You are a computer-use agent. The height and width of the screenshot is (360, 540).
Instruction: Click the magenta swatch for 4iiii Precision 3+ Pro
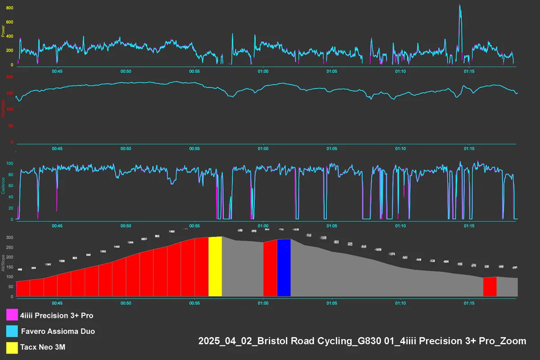[x=12, y=315]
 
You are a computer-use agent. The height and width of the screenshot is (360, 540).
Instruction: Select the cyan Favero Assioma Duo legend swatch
[x=12, y=332]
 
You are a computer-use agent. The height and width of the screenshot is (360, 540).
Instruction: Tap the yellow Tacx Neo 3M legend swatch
[x=12, y=348]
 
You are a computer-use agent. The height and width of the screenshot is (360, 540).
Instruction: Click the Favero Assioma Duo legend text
[x=58, y=332]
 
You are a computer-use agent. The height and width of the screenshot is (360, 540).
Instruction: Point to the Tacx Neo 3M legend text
[x=46, y=348]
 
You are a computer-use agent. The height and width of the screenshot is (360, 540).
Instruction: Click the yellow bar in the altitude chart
[x=215, y=266]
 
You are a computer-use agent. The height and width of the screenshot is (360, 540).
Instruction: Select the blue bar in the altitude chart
[x=283, y=268]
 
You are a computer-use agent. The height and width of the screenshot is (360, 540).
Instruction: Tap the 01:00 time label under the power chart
[x=263, y=72]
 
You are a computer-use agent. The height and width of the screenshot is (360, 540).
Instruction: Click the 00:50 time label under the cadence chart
[x=126, y=226]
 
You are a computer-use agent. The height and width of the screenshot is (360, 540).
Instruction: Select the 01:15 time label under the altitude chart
[x=469, y=303]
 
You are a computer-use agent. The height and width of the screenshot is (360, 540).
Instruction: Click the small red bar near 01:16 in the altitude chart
[x=490, y=287]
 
